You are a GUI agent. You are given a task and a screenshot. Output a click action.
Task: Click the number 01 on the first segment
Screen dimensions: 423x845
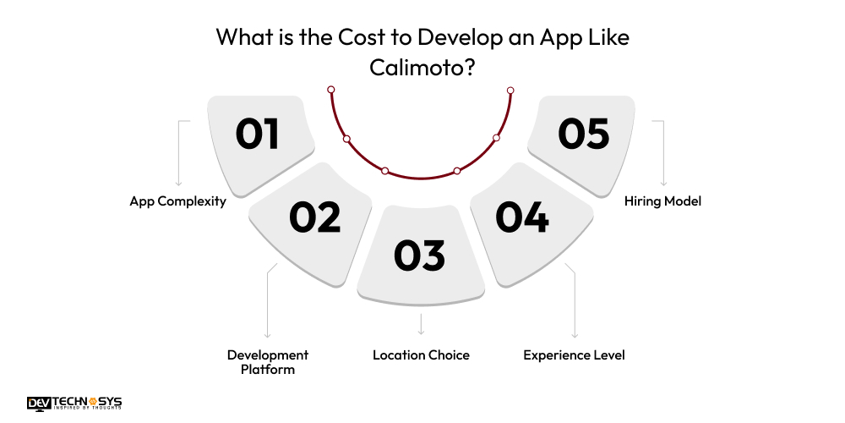coord(258,135)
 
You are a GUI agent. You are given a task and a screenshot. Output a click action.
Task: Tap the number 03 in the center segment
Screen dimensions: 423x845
coord(419,255)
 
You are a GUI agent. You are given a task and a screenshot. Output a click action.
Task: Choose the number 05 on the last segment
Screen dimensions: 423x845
coord(584,135)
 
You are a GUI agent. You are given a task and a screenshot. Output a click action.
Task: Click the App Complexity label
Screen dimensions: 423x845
coord(177,201)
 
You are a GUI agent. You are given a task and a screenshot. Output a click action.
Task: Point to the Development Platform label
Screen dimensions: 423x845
coord(268,362)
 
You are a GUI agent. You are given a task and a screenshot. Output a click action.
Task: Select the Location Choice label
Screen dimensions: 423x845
coord(421,355)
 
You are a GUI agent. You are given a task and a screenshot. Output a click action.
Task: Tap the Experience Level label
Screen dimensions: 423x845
coord(574,355)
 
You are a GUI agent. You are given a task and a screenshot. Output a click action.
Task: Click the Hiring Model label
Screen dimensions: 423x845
coord(663,201)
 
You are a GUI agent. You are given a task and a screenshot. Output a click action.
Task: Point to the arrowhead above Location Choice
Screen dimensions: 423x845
coord(421,333)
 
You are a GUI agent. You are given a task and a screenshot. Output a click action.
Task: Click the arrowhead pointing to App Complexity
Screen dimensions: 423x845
coord(178,183)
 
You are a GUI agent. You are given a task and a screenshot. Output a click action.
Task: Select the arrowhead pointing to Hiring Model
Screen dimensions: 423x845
coord(663,183)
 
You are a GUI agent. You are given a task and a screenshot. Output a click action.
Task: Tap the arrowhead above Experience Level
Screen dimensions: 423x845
coord(575,336)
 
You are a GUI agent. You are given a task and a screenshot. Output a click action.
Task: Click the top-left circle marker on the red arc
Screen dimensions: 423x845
coord(331,90)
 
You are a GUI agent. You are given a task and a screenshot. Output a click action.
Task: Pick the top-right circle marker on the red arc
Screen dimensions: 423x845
coord(510,90)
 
